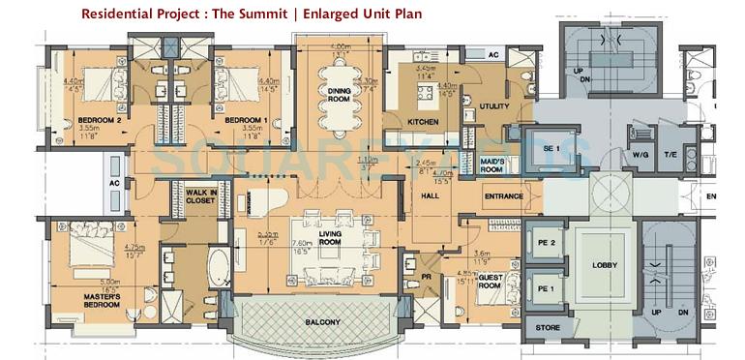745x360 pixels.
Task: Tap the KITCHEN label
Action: (x=423, y=122)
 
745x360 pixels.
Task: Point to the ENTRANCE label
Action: (x=504, y=196)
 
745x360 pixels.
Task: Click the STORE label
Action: (x=547, y=329)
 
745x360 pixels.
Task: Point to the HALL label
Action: (x=431, y=195)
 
